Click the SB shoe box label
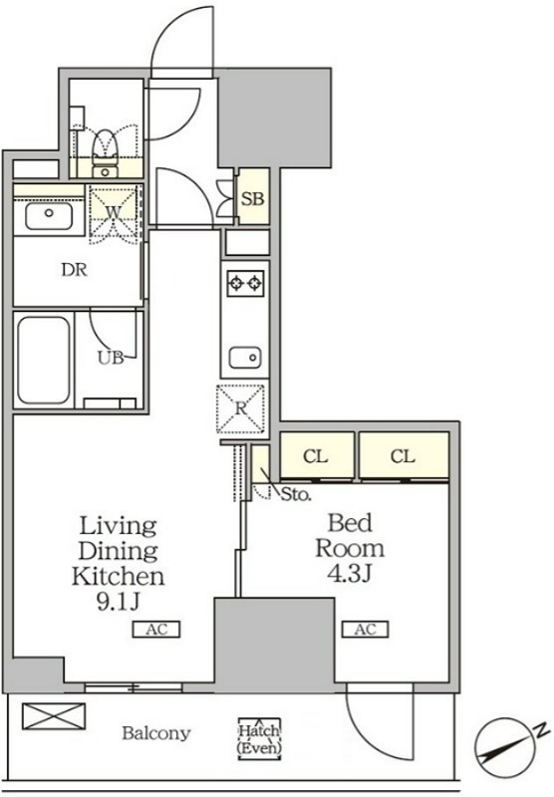pos(253,198)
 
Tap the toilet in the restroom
pos(106,153)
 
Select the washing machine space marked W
pos(114,212)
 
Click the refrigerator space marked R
pos(241,408)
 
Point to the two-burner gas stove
pos(245,283)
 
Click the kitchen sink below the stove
pos(245,358)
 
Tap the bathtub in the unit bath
pos(43,360)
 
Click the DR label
pos(74,270)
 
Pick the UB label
pos(111,358)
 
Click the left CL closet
pos(317,455)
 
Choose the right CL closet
pos(404,455)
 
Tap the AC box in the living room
pos(156,630)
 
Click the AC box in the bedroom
pos(365,630)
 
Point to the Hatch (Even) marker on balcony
pos(259,739)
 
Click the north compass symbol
pos(508,746)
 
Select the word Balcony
pos(156,733)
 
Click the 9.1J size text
pos(118,602)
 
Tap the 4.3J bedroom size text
pos(350,574)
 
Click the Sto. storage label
pos(296,494)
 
